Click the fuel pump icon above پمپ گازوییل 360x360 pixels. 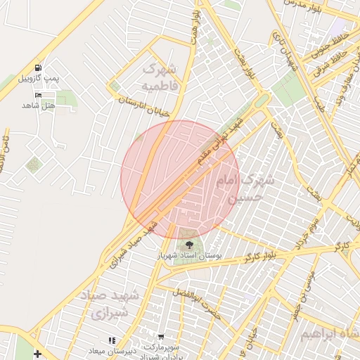(x=37, y=67)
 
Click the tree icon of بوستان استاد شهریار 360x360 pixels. (x=188, y=245)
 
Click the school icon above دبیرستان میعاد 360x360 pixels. (x=111, y=340)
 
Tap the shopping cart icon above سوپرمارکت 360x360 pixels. (x=162, y=338)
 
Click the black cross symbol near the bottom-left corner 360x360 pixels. (x=37, y=353)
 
